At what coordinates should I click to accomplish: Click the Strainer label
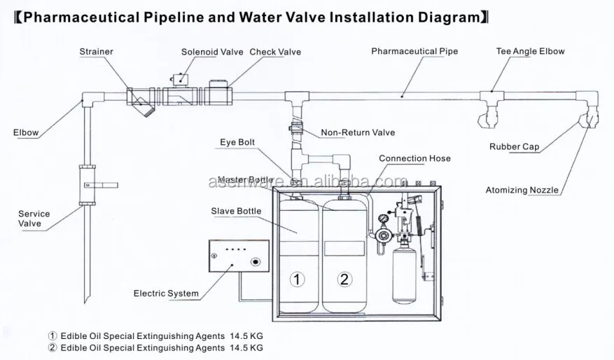click(x=96, y=51)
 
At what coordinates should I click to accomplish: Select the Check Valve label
click(x=275, y=52)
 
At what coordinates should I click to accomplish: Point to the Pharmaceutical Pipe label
click(x=414, y=51)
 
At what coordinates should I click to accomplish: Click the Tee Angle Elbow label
click(x=530, y=51)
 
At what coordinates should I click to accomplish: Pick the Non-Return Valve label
click(x=358, y=132)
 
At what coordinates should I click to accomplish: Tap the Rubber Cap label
click(x=514, y=147)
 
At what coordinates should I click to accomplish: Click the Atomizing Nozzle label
click(x=522, y=190)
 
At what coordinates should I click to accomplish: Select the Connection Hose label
click(x=414, y=158)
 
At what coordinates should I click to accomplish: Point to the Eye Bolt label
click(x=236, y=142)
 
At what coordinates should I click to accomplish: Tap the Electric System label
click(x=166, y=293)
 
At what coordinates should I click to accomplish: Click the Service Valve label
click(x=34, y=219)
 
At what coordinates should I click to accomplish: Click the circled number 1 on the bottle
click(x=298, y=279)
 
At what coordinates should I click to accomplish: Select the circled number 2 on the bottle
click(x=344, y=279)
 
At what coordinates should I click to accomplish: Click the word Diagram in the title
click(x=445, y=18)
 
